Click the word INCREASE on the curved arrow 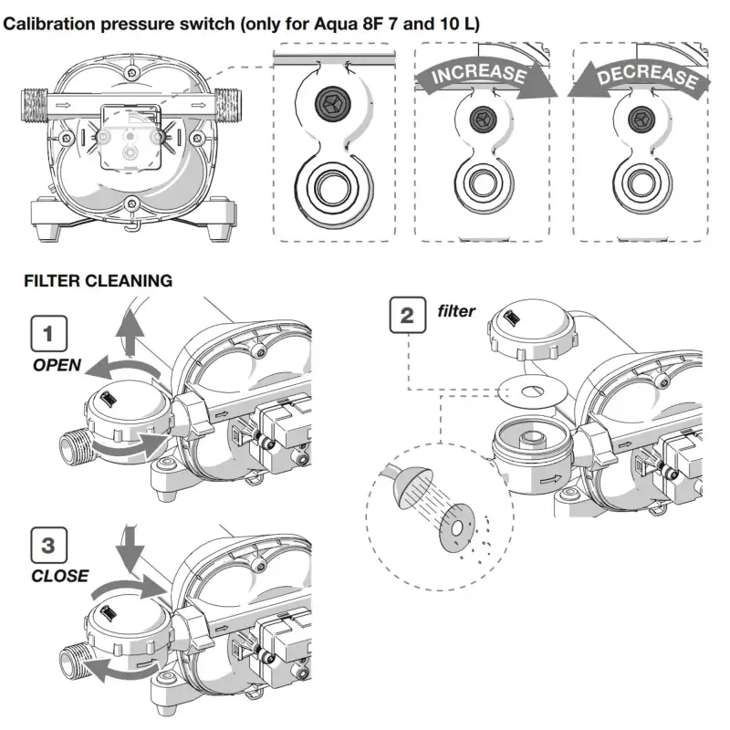(478, 76)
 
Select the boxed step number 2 (407, 316)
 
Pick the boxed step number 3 (47, 546)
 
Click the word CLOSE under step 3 (59, 576)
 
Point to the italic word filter (456, 312)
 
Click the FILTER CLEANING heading (98, 281)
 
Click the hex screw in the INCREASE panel (481, 118)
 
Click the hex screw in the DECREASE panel (639, 118)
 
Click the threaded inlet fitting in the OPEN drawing (74, 448)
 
